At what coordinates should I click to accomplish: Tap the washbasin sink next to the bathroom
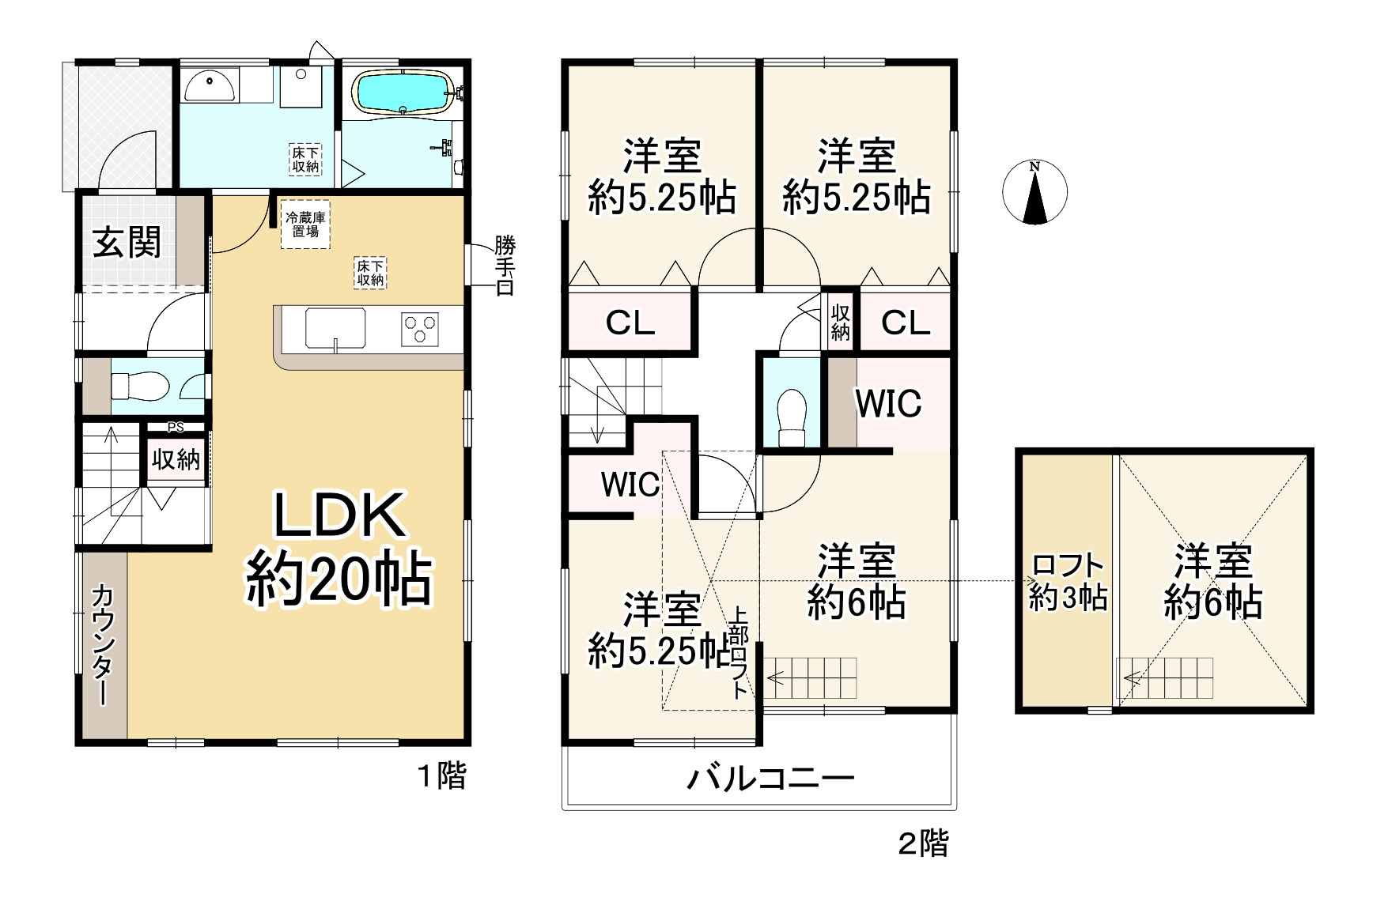[x=210, y=85]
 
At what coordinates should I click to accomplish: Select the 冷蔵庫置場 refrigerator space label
[x=306, y=224]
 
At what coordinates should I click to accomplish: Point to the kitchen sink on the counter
[x=335, y=327]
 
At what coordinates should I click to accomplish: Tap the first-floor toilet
[x=140, y=386]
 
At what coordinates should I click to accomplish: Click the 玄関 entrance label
[x=127, y=242]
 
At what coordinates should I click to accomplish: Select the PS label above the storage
[x=176, y=428]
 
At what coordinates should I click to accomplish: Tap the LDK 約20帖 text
[x=339, y=548]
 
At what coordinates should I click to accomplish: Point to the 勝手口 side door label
[x=505, y=266]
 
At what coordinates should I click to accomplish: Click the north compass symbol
[x=1034, y=192]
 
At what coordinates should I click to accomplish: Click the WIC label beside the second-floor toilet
[x=889, y=404]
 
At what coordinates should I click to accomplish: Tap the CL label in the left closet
[x=630, y=323]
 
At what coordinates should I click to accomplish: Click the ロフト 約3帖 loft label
[x=1068, y=582]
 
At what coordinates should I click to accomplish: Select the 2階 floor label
[x=923, y=844]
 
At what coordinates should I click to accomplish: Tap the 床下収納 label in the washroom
[x=305, y=159]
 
